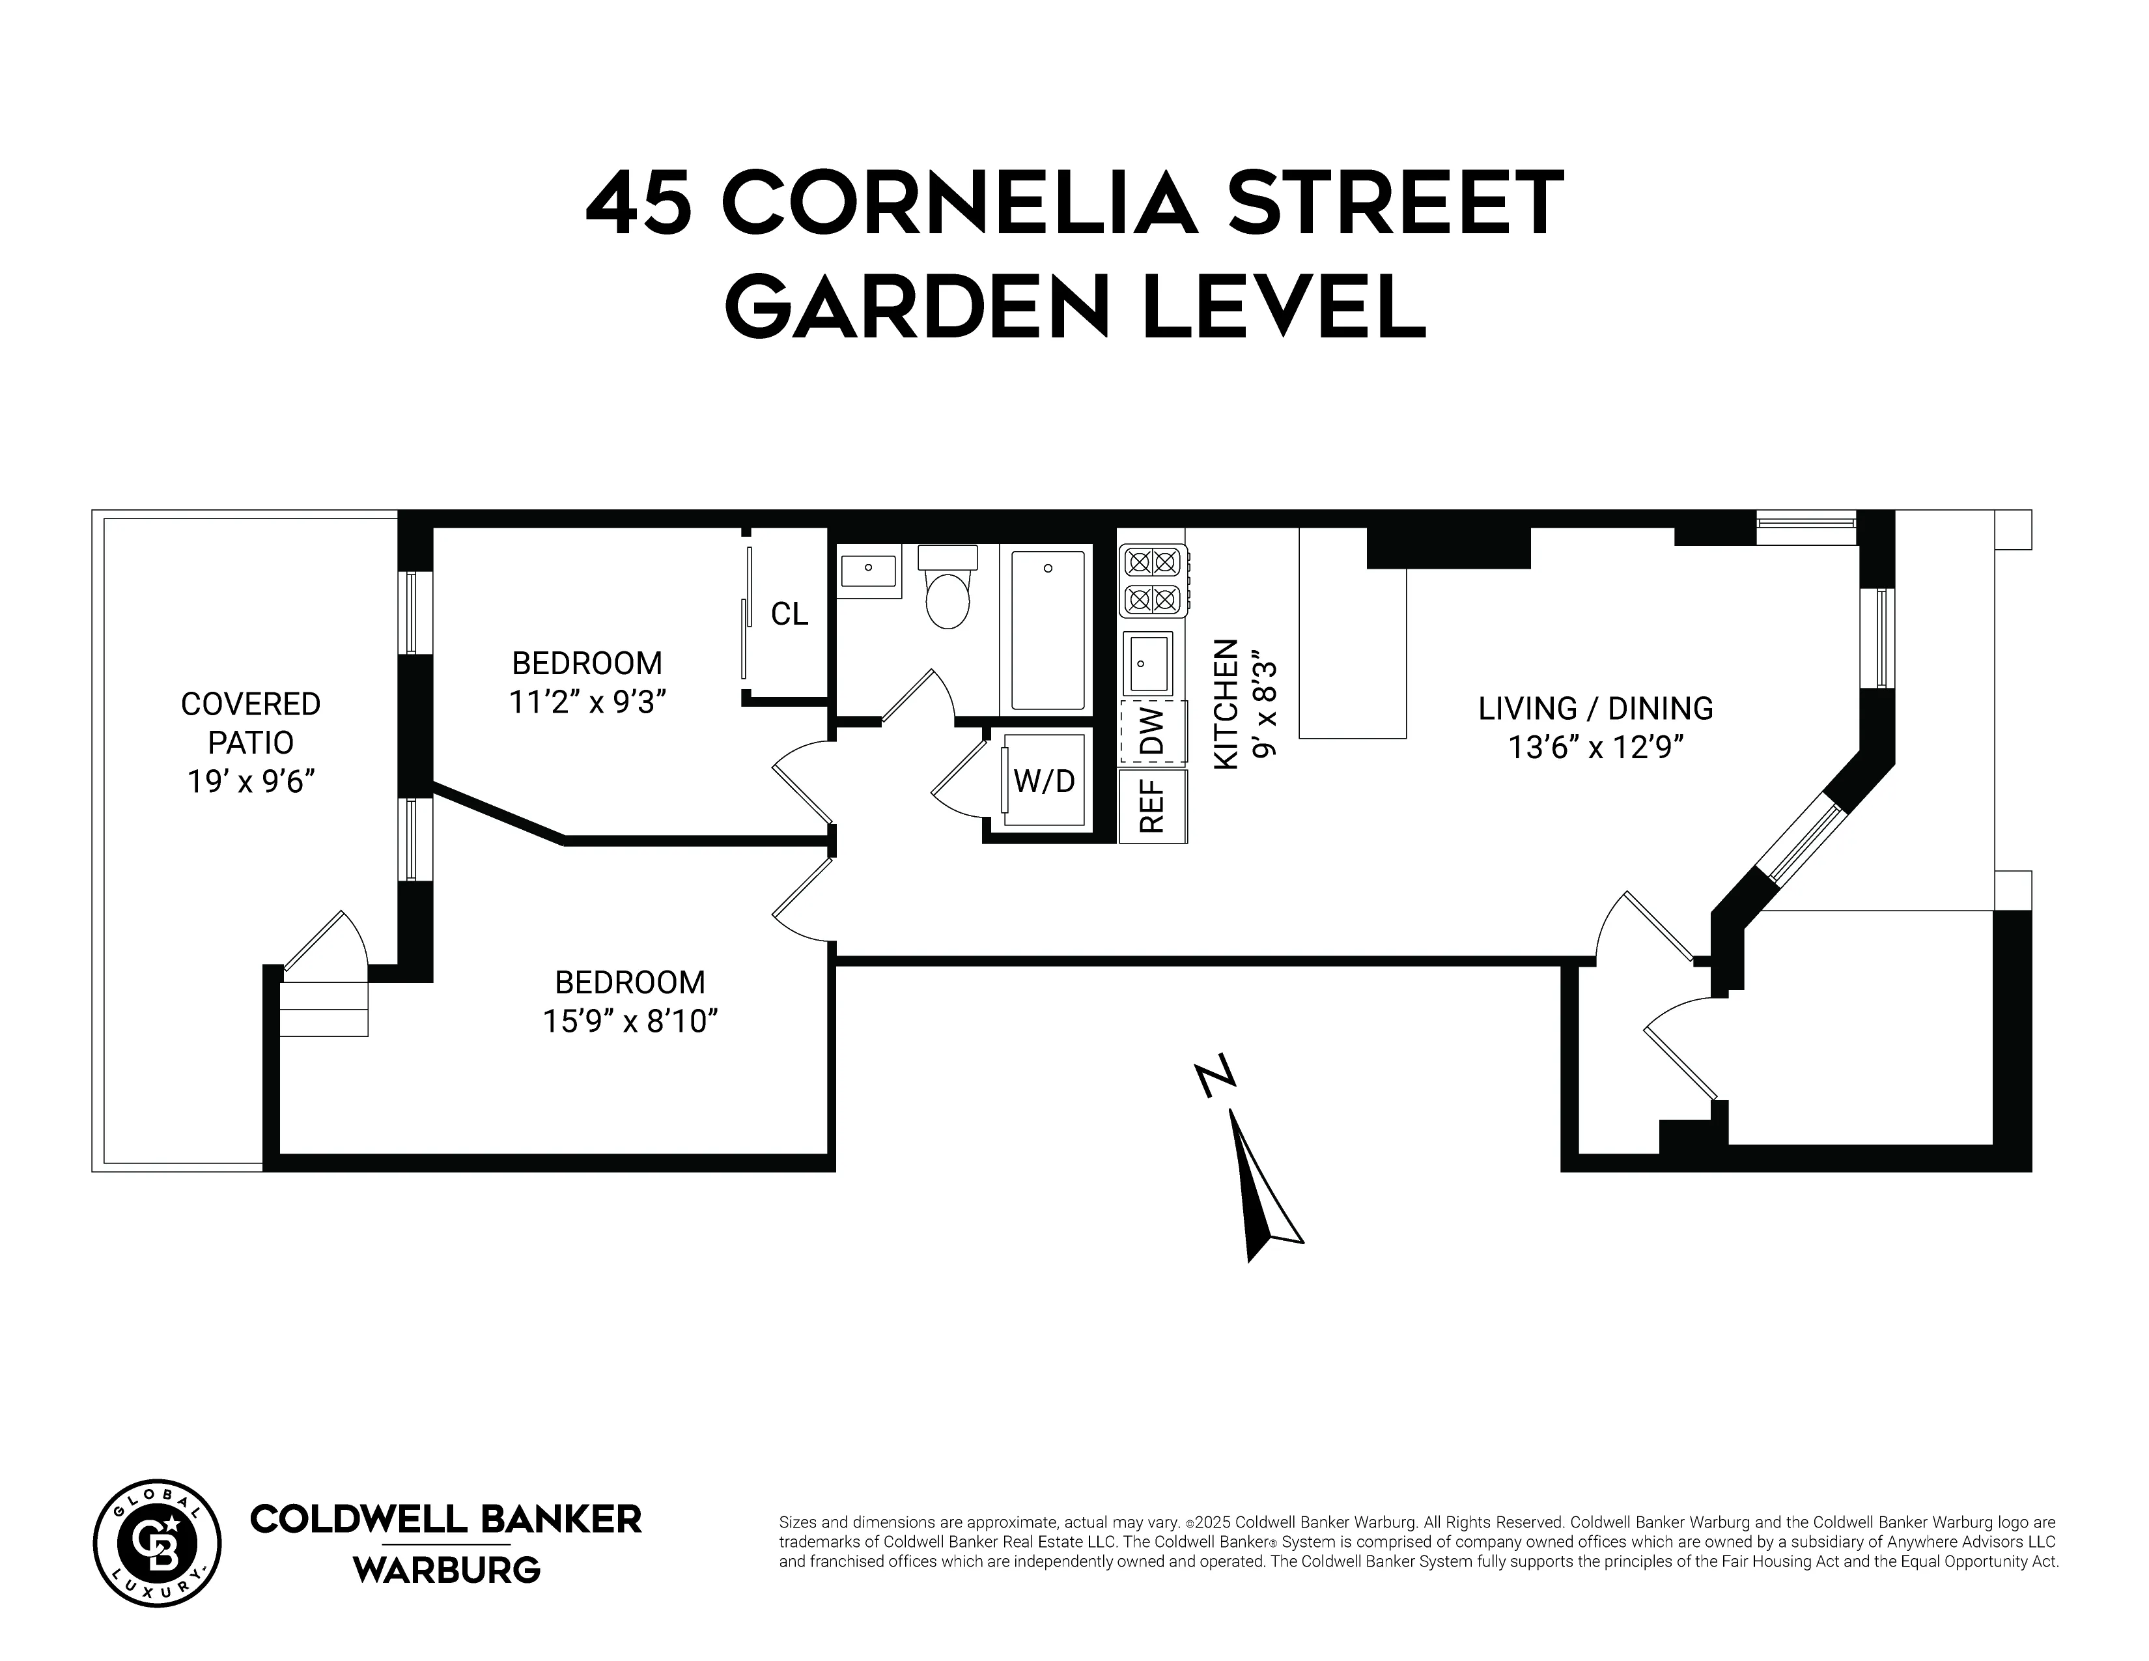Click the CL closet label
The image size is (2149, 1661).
pyautogui.click(x=789, y=614)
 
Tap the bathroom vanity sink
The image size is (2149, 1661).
pyautogui.click(x=868, y=571)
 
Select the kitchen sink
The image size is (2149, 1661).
pyautogui.click(x=1148, y=663)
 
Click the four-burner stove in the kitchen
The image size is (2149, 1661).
pyautogui.click(x=1152, y=580)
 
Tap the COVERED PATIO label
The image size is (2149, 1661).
pyautogui.click(x=251, y=723)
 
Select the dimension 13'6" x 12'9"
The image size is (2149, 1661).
pyautogui.click(x=1596, y=748)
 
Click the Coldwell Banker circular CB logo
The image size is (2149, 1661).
pyautogui.click(x=158, y=1544)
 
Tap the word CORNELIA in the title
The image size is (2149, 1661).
pyautogui.click(x=959, y=205)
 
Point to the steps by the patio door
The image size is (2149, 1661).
pyautogui.click(x=324, y=1008)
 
